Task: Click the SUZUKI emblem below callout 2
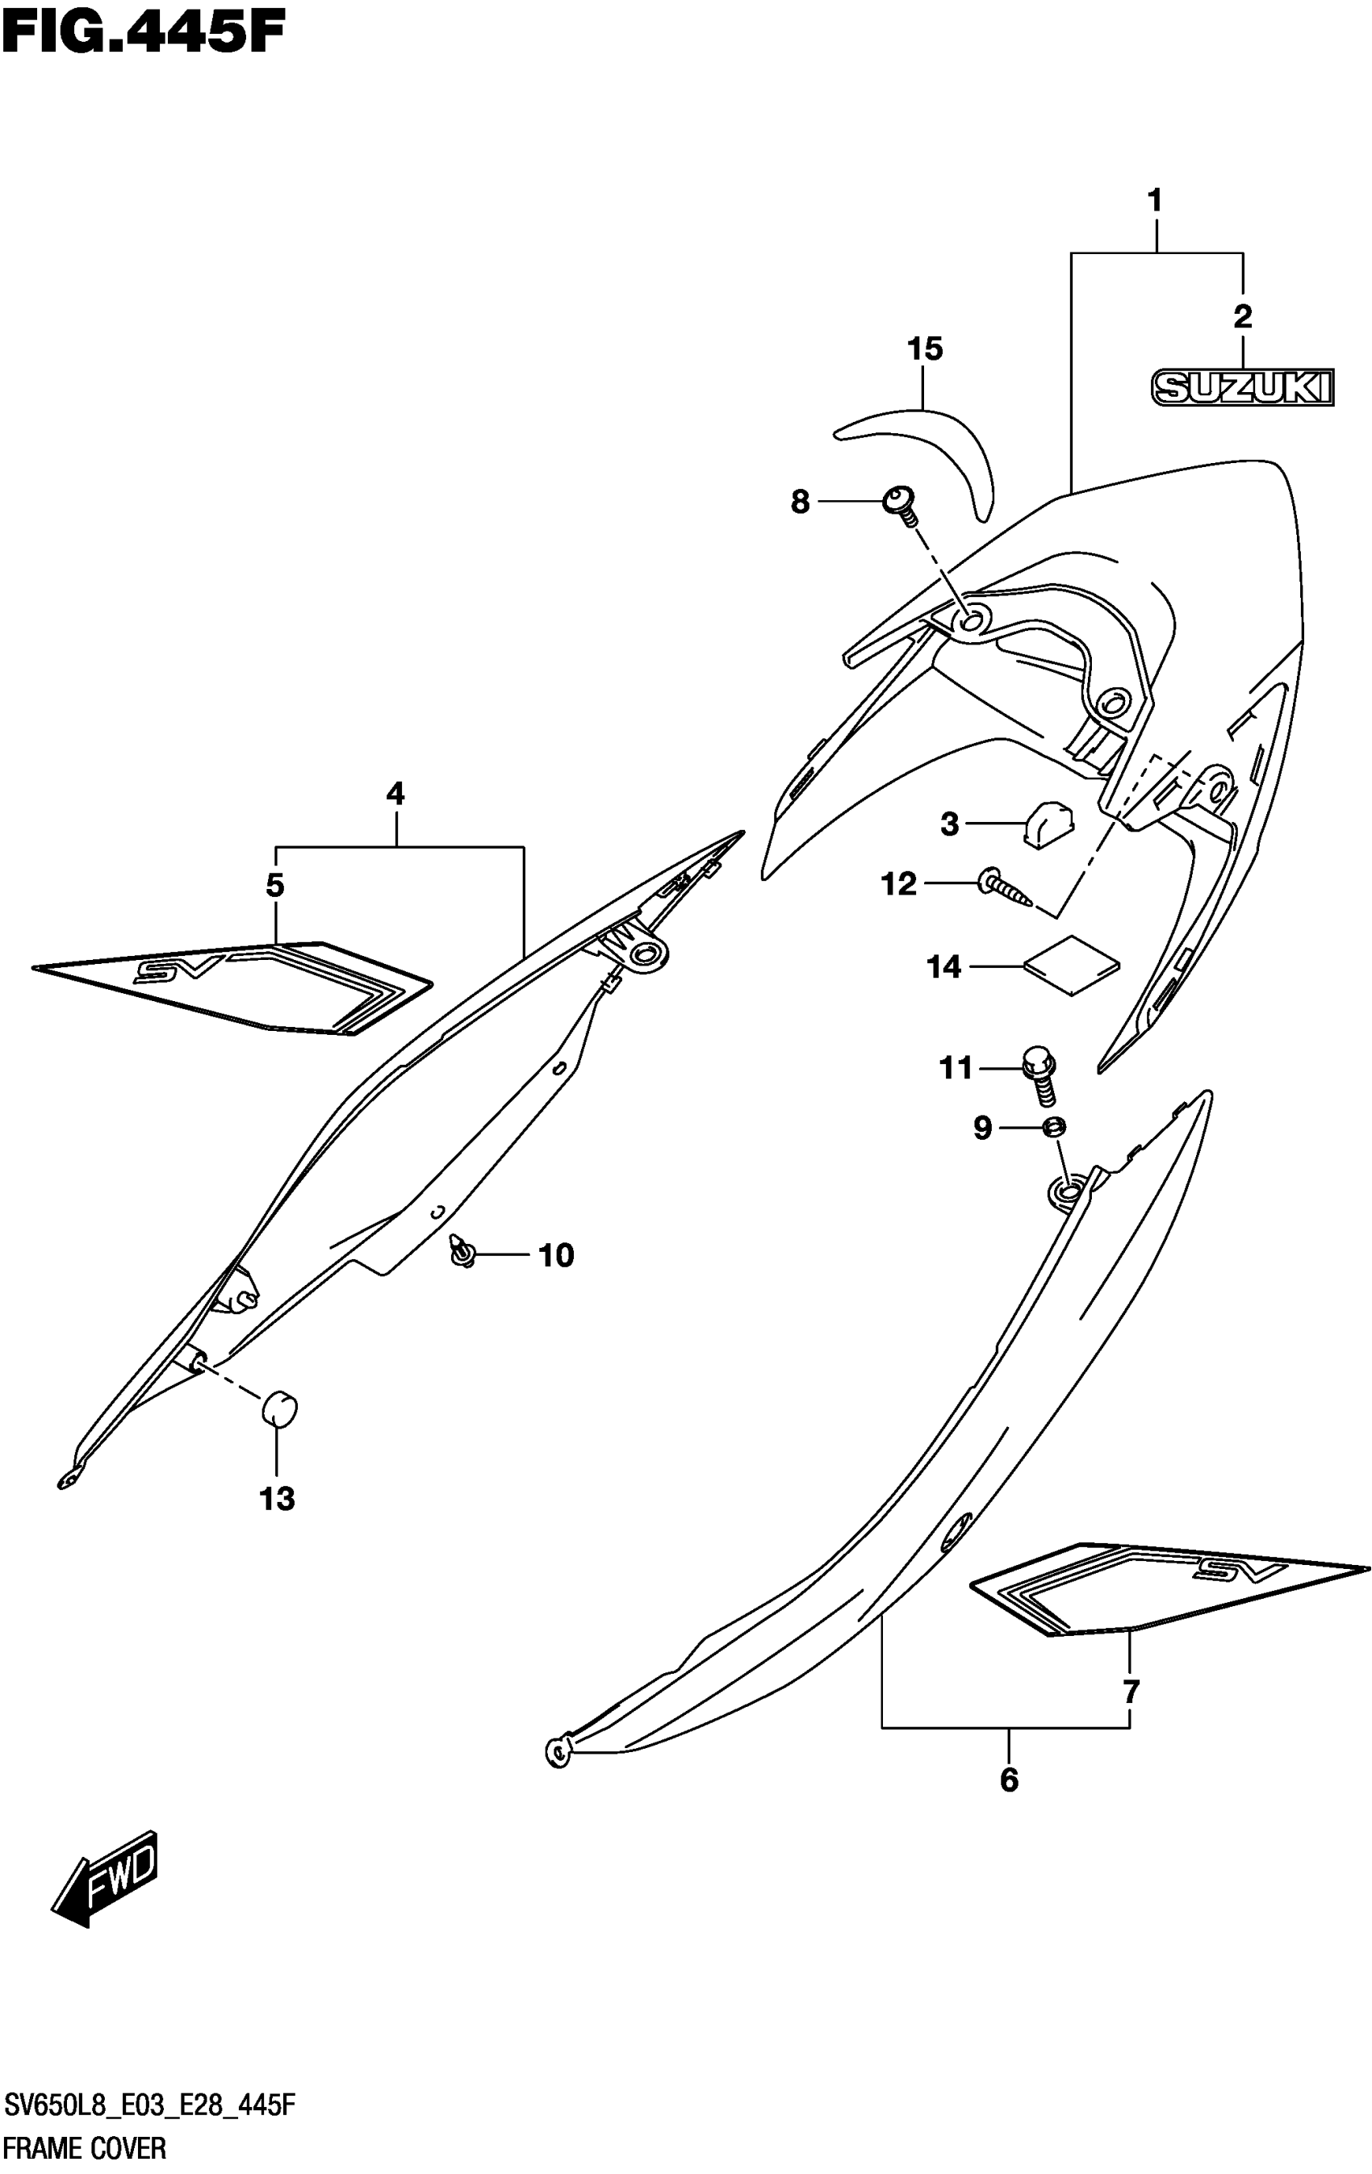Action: coord(1242,387)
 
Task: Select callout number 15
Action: coord(925,349)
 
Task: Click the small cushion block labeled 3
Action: coord(1048,824)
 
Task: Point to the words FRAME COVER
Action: coord(86,2149)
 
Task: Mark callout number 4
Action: coord(395,794)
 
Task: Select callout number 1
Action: coord(1154,200)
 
